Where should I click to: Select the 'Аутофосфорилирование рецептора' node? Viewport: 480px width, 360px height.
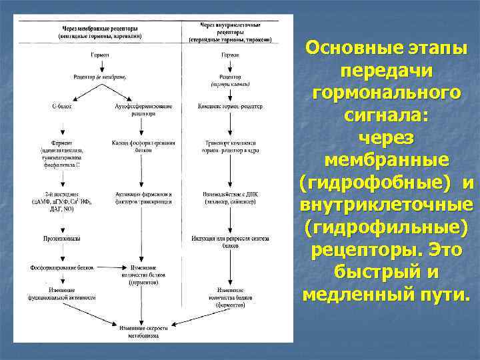click(x=143, y=110)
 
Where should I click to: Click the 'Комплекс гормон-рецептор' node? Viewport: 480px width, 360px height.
click(x=231, y=107)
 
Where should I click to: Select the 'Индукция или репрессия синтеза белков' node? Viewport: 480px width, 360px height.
click(x=231, y=240)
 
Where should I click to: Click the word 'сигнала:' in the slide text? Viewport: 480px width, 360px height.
click(x=386, y=115)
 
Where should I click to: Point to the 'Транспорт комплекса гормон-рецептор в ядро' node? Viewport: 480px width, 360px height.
click(x=231, y=147)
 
